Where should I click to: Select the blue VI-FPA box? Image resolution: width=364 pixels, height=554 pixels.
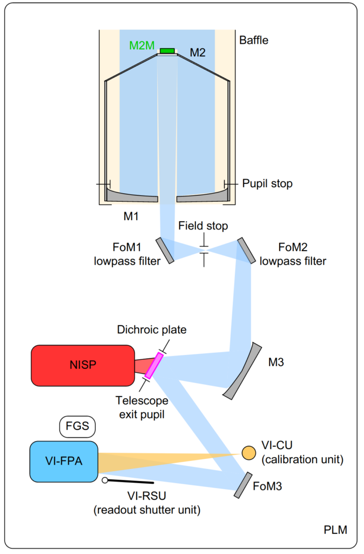[64, 461]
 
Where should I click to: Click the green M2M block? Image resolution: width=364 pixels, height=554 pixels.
[167, 51]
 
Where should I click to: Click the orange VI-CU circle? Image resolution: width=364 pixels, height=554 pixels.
[248, 452]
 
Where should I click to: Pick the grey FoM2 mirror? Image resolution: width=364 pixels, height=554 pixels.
[246, 250]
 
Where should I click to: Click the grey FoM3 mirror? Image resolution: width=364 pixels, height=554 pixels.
[244, 485]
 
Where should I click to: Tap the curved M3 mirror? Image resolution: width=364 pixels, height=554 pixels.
[243, 371]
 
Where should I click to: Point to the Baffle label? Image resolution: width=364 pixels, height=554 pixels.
[253, 40]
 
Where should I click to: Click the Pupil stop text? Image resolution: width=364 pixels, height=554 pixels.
[267, 184]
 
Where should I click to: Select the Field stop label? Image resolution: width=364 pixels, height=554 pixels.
[203, 226]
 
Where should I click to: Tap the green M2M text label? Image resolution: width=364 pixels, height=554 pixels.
[141, 45]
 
